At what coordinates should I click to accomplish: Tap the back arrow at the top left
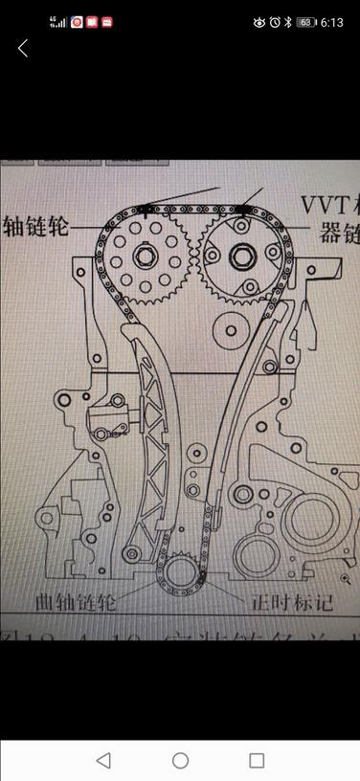click(x=23, y=49)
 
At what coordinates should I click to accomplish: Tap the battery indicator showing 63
click(x=305, y=22)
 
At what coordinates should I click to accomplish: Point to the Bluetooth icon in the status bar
click(x=288, y=22)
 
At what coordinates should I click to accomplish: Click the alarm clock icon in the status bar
click(x=275, y=22)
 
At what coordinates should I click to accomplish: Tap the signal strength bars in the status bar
click(x=59, y=22)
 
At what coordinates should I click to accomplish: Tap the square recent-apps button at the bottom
click(x=257, y=760)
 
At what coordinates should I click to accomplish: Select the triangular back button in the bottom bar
click(x=103, y=760)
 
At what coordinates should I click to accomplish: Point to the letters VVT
click(x=321, y=204)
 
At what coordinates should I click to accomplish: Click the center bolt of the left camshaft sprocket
click(x=146, y=256)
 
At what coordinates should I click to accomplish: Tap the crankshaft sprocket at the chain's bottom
click(x=180, y=574)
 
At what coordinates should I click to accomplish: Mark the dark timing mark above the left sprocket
click(x=145, y=210)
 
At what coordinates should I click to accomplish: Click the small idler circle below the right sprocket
click(x=228, y=334)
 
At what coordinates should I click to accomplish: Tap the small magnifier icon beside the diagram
click(x=345, y=579)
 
